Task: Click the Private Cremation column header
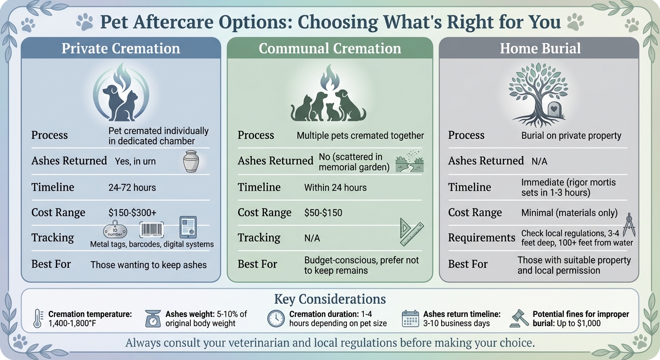coord(121,48)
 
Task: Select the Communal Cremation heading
coord(330,48)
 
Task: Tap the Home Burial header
coord(540,48)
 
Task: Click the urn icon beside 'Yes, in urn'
coord(190,161)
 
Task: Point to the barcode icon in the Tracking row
coord(151,229)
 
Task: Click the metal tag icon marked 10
coord(115,230)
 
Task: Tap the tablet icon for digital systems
coord(188,227)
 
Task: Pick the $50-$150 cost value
coord(323,212)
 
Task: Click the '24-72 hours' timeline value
coord(132,187)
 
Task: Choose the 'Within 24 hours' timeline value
coord(335,187)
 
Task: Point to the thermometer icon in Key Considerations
coord(38,319)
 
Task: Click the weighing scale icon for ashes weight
coord(152,319)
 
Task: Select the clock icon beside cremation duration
coord(276,319)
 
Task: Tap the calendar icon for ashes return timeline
coord(410,319)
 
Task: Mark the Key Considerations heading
coord(330,299)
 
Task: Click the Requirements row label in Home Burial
coord(481,238)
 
